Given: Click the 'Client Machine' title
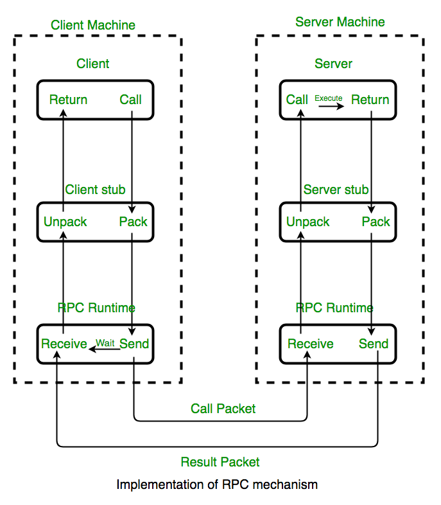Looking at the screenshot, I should pyautogui.click(x=93, y=26).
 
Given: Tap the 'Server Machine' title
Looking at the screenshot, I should pyautogui.click(x=340, y=22).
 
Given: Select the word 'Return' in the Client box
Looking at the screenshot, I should pyautogui.click(x=68, y=100).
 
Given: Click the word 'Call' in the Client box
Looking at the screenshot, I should pyautogui.click(x=130, y=100).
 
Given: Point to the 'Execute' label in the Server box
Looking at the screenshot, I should pyautogui.click(x=328, y=98).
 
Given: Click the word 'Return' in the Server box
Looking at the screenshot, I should pyautogui.click(x=370, y=100).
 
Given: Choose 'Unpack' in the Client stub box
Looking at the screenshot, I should pyautogui.click(x=65, y=222).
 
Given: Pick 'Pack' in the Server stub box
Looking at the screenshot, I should pyautogui.click(x=376, y=222).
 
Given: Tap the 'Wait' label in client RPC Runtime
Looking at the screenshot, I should pyautogui.click(x=105, y=342).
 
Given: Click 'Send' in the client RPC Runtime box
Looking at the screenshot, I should pyautogui.click(x=134, y=344).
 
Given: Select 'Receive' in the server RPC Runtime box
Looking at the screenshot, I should pyautogui.click(x=310, y=344).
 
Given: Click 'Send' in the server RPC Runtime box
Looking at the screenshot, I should pyautogui.click(x=373, y=344).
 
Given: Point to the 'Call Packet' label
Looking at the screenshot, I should pyautogui.click(x=223, y=409).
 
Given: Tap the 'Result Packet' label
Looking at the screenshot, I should pyautogui.click(x=220, y=462).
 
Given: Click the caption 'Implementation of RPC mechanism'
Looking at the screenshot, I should pyautogui.click(x=217, y=484).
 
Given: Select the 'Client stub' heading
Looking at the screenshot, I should pyautogui.click(x=95, y=190).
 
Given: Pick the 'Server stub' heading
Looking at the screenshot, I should pyautogui.click(x=336, y=190).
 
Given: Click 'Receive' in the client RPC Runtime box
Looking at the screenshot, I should pyautogui.click(x=64, y=344).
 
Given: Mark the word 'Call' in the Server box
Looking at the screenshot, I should pyautogui.click(x=297, y=100).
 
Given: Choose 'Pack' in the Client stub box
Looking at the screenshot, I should pyautogui.click(x=133, y=222).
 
